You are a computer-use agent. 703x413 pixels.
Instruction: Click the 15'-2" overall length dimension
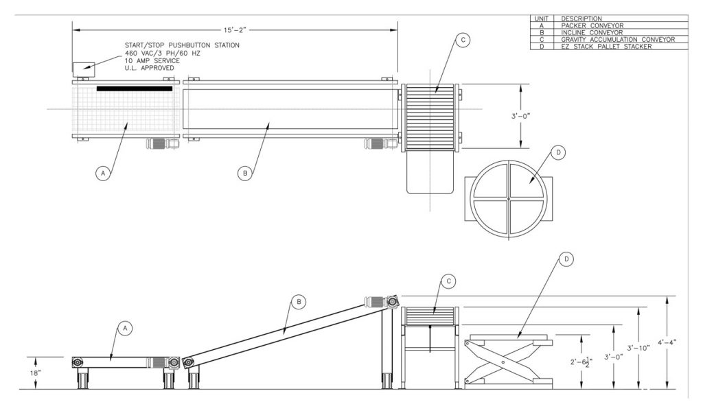click(x=235, y=31)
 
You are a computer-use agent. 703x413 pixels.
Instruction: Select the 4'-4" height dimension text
click(x=667, y=342)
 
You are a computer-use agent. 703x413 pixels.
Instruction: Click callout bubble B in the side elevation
click(x=297, y=301)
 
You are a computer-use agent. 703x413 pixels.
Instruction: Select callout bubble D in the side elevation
click(x=566, y=259)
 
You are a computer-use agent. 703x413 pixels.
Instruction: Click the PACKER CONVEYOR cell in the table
click(x=592, y=25)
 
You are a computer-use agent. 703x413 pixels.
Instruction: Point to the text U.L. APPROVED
click(x=149, y=68)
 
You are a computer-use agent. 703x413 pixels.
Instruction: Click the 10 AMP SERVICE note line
click(x=152, y=60)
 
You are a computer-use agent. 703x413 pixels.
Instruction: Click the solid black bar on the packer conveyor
click(x=135, y=88)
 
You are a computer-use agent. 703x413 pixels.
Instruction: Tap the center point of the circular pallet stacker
click(x=508, y=199)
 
